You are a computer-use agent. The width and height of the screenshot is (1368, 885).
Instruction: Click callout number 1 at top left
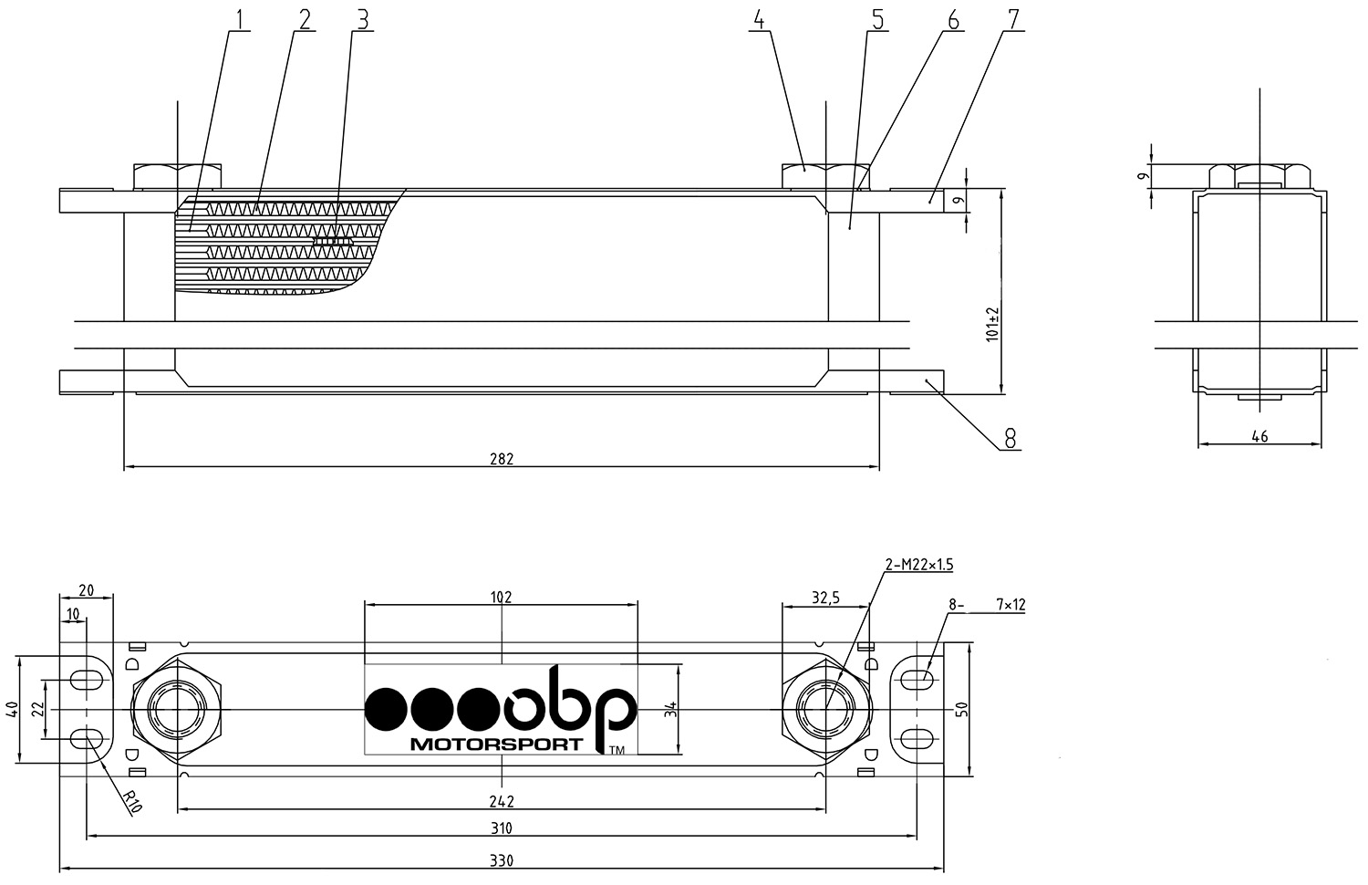[240, 19]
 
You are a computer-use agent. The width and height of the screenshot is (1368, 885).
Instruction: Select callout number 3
[363, 19]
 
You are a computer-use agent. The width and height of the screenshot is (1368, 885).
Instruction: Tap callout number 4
[759, 19]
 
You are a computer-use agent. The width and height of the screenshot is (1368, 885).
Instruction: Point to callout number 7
[1014, 19]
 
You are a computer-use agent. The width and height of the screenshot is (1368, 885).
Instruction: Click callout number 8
[1010, 438]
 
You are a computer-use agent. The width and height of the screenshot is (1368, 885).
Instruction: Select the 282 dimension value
[502, 459]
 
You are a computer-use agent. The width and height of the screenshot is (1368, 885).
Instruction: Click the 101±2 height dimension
[992, 324]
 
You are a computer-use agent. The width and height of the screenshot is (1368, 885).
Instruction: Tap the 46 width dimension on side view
[1259, 436]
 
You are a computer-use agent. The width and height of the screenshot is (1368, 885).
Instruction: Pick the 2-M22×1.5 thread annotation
[919, 565]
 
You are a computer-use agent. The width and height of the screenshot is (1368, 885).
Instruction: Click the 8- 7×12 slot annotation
[987, 605]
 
